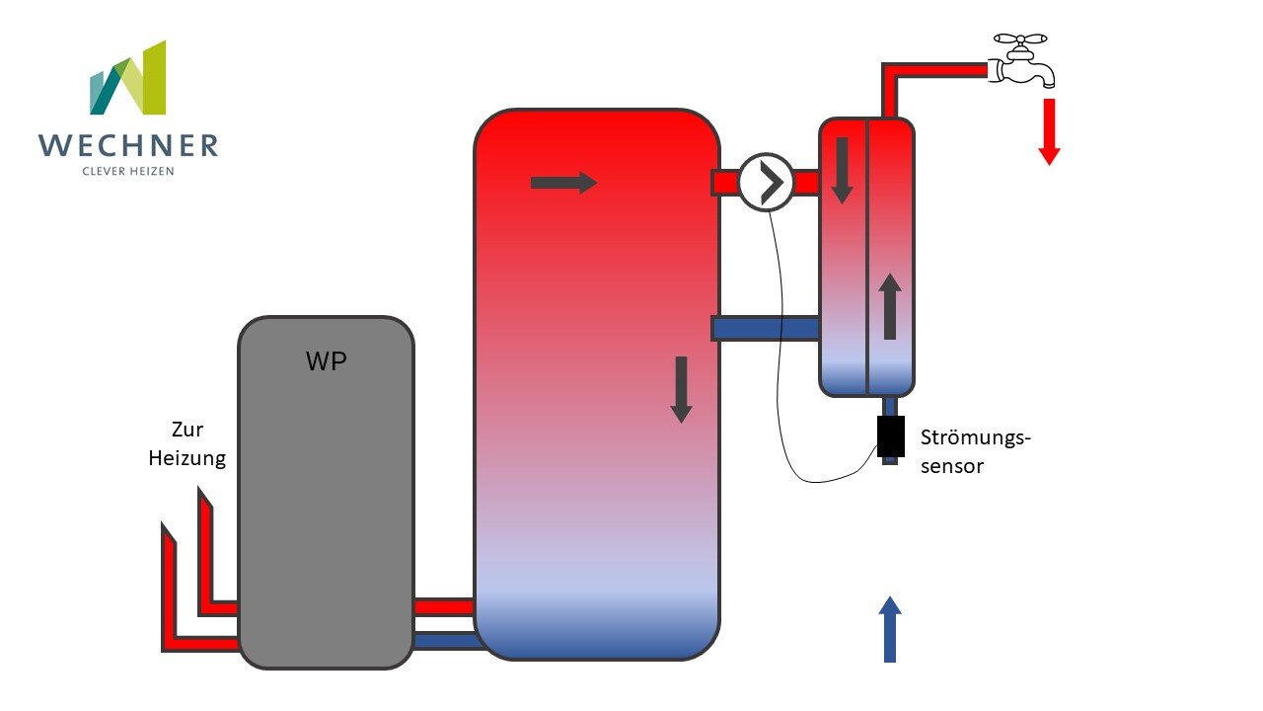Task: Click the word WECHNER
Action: point(128,146)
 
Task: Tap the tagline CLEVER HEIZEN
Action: point(128,171)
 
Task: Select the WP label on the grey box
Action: point(326,361)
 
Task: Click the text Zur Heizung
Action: point(187,444)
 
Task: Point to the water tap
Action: point(1024,61)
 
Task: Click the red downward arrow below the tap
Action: point(1049,130)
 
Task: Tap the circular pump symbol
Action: point(767,183)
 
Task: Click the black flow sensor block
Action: point(890,436)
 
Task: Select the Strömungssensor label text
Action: point(975,451)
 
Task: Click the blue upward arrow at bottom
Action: point(890,629)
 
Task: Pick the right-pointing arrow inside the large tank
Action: point(563,183)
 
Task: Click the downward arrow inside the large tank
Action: point(681,389)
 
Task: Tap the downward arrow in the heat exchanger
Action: point(842,170)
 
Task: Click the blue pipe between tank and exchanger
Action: point(766,328)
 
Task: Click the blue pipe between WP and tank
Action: point(443,640)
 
